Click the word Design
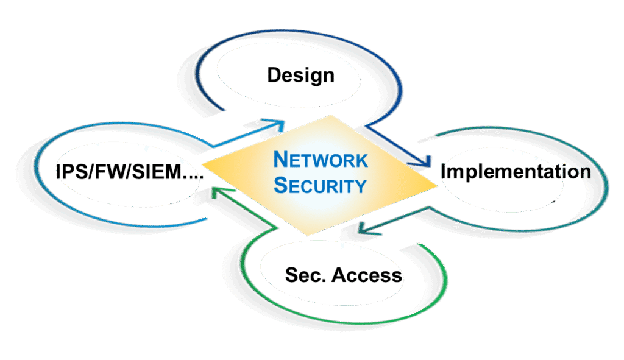(300, 76)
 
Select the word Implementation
(516, 171)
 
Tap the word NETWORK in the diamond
(321, 160)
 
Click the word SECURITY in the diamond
(320, 185)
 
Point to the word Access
(367, 275)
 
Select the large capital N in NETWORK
(280, 160)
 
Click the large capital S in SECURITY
(280, 185)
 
